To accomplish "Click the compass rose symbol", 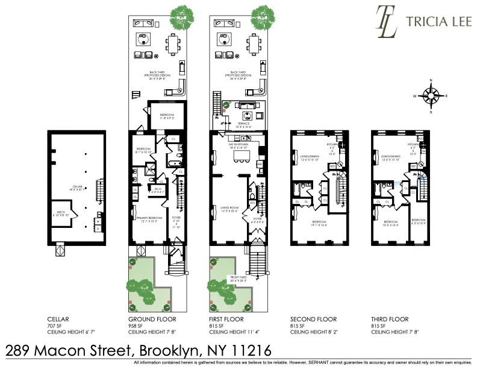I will point(431,95).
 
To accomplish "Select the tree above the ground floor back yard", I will point(182,16).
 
